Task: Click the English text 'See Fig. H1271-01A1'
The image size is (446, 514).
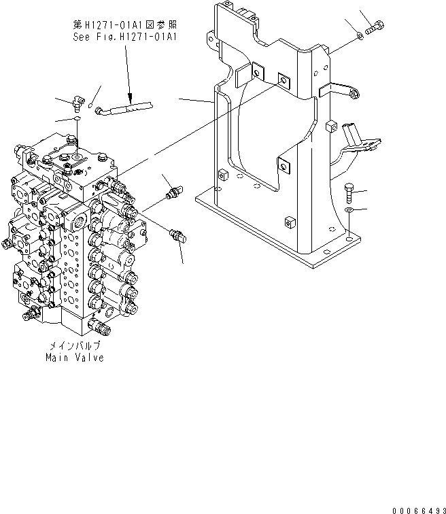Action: point(125,37)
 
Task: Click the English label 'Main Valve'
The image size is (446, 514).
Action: point(75,358)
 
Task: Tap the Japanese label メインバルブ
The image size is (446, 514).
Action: point(75,345)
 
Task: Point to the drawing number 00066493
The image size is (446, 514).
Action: point(419,511)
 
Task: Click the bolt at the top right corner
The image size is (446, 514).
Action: point(375,27)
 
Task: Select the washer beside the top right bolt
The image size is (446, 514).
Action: point(360,35)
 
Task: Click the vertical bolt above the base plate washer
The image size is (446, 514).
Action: point(349,193)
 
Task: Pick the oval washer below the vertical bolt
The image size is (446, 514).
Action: point(349,210)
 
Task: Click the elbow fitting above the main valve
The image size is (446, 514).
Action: point(78,102)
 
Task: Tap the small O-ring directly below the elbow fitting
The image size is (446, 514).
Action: point(77,118)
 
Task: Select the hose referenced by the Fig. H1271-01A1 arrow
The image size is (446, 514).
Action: point(124,109)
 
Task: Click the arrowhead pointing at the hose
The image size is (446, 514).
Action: point(130,97)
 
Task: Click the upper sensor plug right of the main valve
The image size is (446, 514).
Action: point(174,192)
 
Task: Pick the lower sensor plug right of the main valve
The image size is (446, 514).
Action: point(178,236)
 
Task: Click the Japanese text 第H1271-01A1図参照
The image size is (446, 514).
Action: point(125,24)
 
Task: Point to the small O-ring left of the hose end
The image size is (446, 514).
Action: point(91,105)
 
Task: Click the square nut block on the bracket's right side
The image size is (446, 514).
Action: point(332,126)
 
